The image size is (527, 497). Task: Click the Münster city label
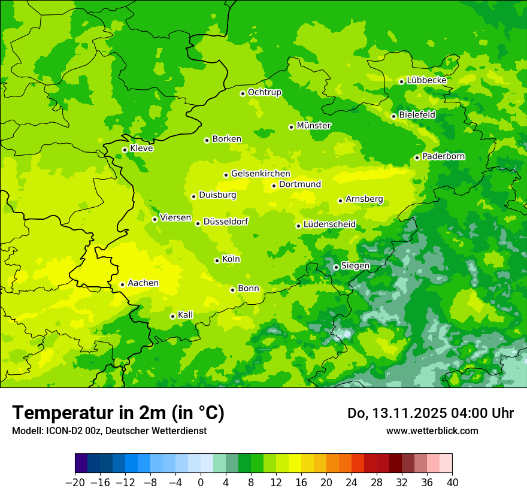coord(314,126)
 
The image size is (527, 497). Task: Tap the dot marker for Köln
coord(217,260)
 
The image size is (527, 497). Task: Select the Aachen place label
coord(143,283)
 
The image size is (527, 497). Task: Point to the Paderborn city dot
coord(417,157)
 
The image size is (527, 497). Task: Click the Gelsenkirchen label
coord(261,174)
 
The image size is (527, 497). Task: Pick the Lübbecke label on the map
coord(426,80)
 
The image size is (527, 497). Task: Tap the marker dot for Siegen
coord(336,267)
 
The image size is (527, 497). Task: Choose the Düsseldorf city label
coord(226,222)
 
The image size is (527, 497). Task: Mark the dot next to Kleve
coord(125,150)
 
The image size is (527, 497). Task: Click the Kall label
coord(186,315)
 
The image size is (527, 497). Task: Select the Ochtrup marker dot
coord(243,93)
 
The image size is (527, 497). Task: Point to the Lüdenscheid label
coord(329,225)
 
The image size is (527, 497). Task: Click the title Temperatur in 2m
coord(118,413)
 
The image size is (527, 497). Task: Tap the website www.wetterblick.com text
coord(432,431)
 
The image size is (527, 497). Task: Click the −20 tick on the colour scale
coord(75,483)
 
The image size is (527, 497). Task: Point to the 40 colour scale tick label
coord(452,483)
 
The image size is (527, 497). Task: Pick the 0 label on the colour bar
coord(201,483)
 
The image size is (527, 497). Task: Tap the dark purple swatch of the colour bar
coord(81,463)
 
